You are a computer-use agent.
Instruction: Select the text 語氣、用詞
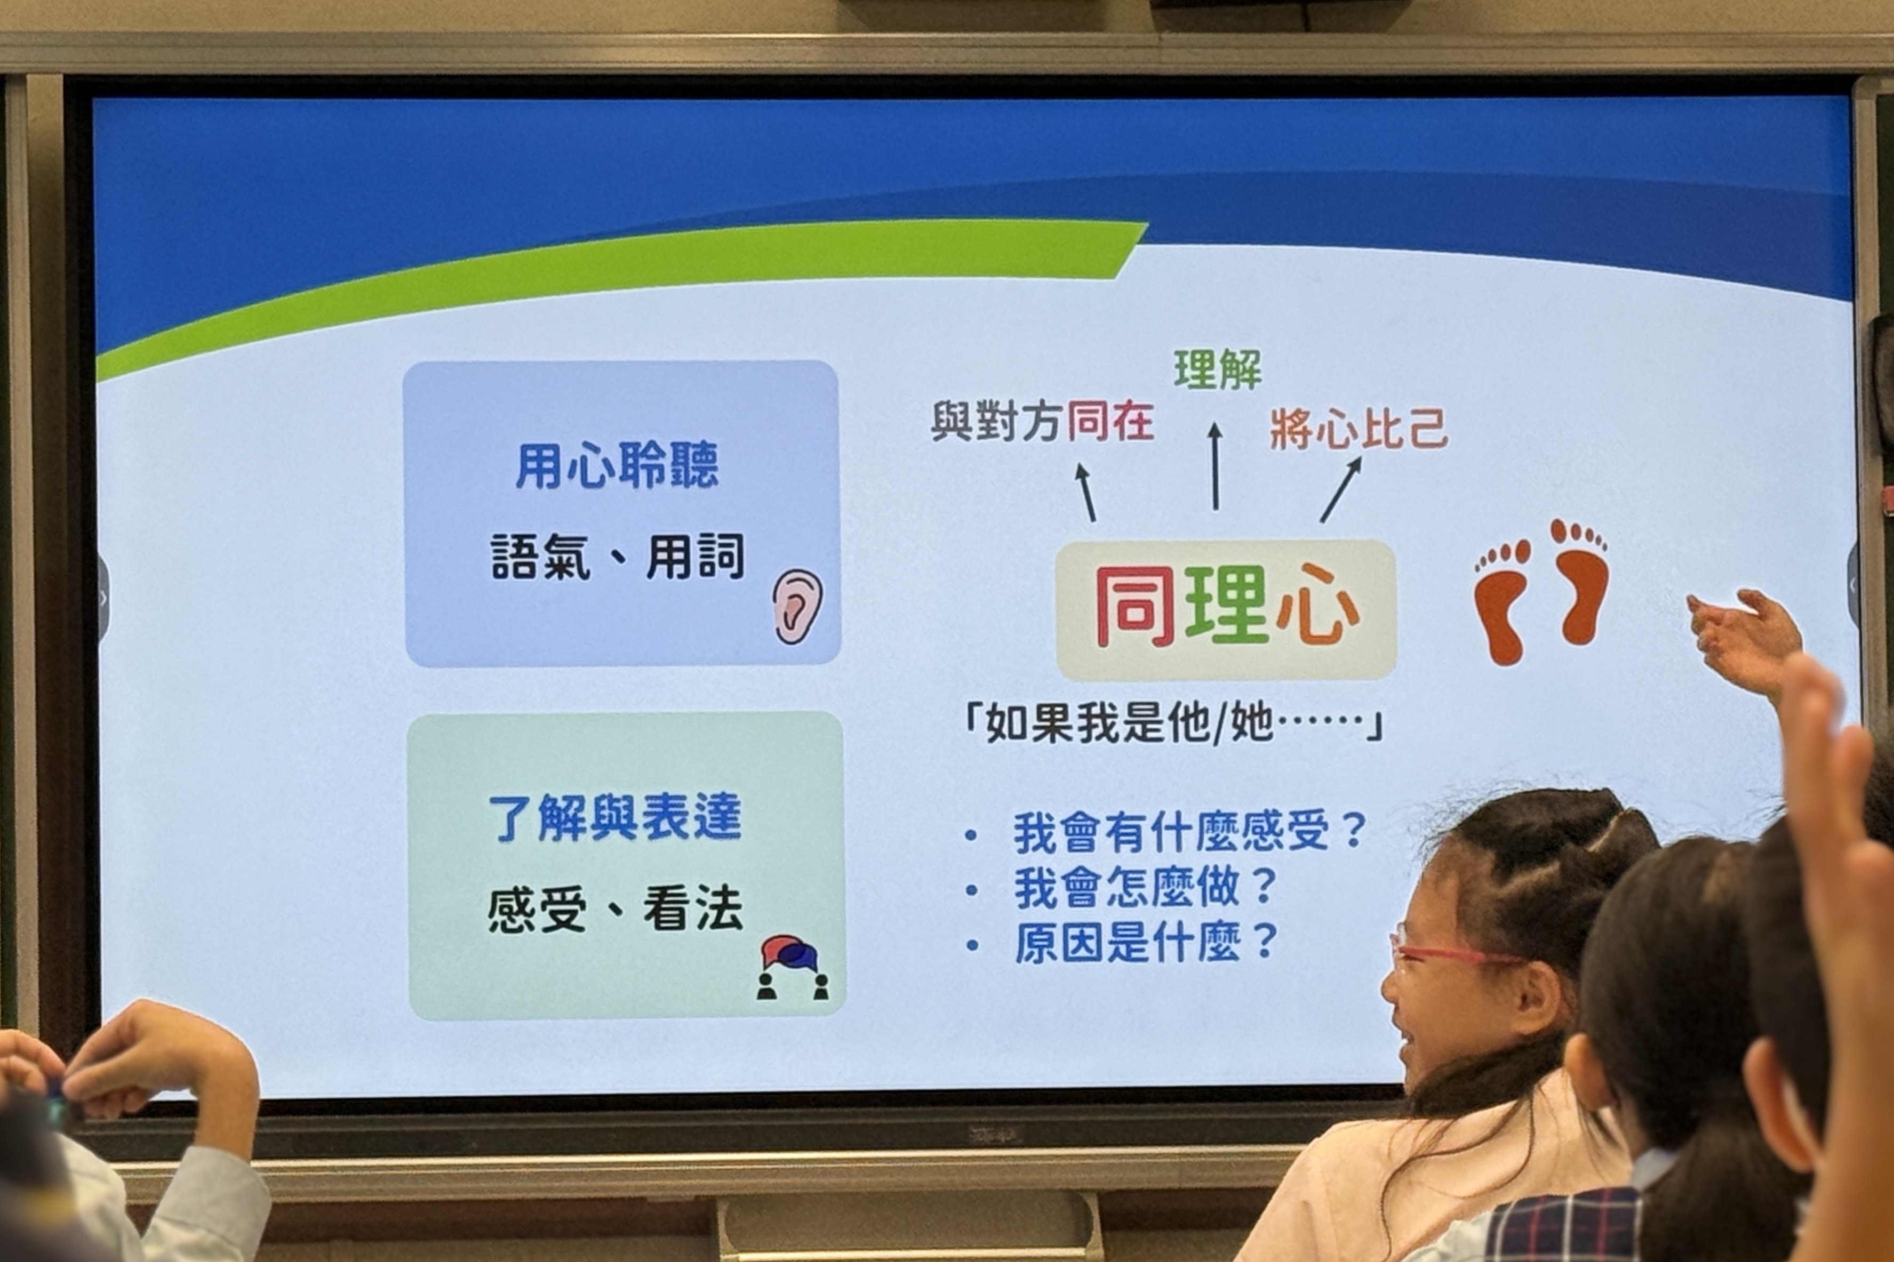tap(618, 556)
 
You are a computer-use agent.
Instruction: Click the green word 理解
tap(1217, 369)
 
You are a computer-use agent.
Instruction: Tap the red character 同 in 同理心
tap(1135, 608)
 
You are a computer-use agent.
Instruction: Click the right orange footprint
tap(1579, 581)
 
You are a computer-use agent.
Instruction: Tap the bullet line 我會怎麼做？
tap(1145, 887)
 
